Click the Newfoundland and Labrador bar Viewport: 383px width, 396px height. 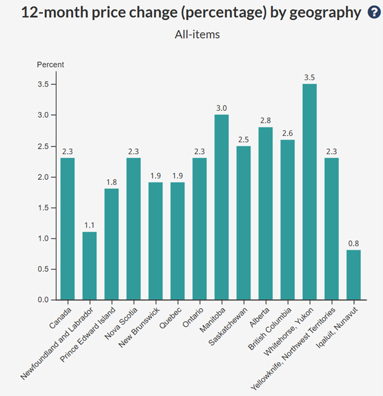(89, 265)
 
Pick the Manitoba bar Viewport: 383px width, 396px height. (222, 207)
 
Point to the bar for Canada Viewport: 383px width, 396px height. (68, 228)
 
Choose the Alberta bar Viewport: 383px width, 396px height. (265, 213)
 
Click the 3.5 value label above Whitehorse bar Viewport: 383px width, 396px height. (310, 77)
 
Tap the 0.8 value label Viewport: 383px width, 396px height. (353, 243)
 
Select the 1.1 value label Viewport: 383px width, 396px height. (89, 225)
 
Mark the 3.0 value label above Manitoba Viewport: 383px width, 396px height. (222, 108)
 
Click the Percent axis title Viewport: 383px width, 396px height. (50, 65)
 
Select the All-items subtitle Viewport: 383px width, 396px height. (197, 34)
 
